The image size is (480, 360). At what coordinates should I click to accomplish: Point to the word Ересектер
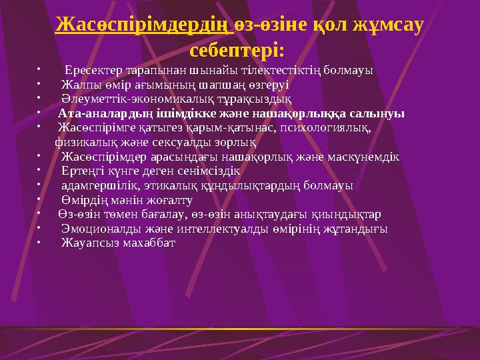(93, 69)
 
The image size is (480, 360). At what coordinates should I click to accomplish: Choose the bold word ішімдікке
(203, 113)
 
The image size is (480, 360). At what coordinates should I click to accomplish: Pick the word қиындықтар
(347, 214)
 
